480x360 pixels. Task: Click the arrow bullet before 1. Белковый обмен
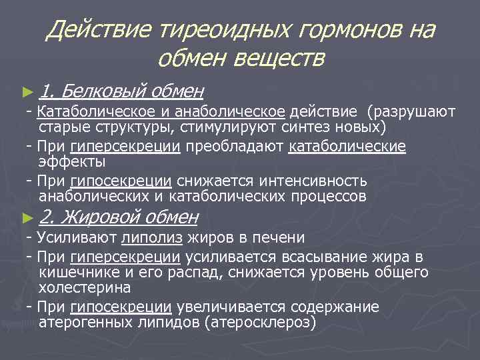pyautogui.click(x=27, y=89)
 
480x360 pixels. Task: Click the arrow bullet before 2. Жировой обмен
pyautogui.click(x=27, y=216)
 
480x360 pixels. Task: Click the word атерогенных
pyautogui.click(x=86, y=323)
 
